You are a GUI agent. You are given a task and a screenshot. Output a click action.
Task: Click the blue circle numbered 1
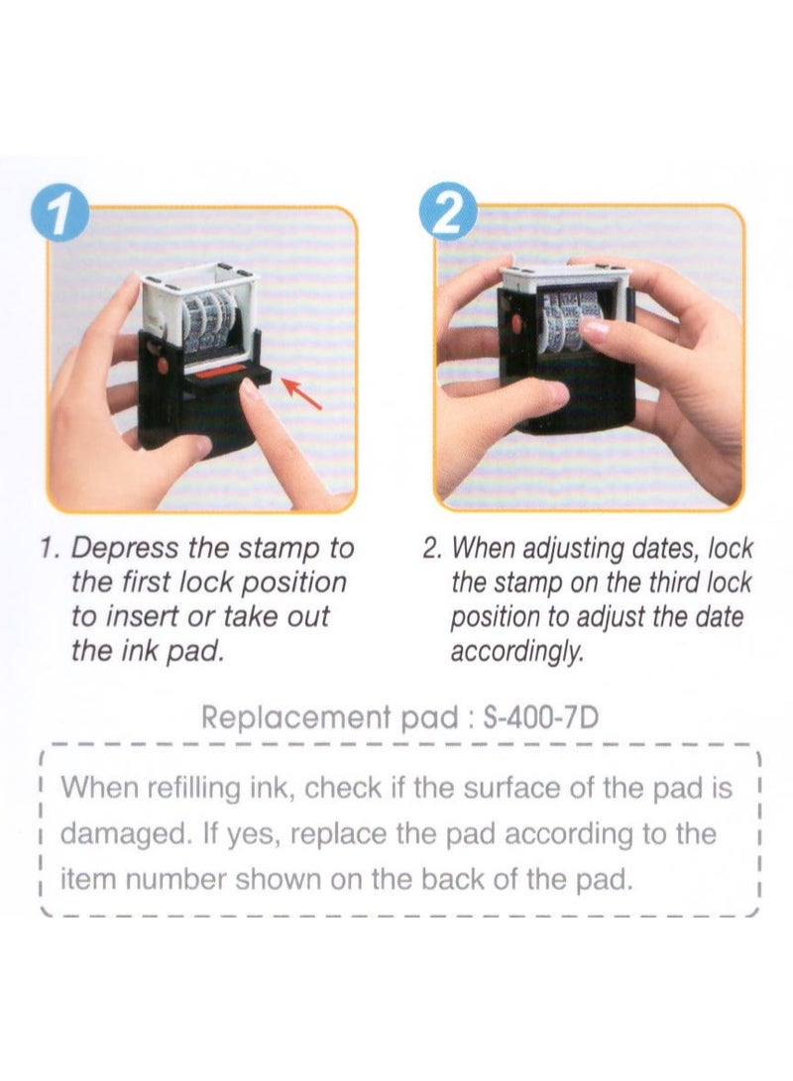[x=62, y=213]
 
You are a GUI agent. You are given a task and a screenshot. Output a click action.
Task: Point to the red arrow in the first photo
[x=302, y=393]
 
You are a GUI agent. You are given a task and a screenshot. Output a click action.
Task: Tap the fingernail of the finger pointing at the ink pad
[x=248, y=390]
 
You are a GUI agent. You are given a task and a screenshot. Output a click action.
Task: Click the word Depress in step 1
[x=125, y=549]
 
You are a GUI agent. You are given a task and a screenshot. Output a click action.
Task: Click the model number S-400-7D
[x=540, y=718]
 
